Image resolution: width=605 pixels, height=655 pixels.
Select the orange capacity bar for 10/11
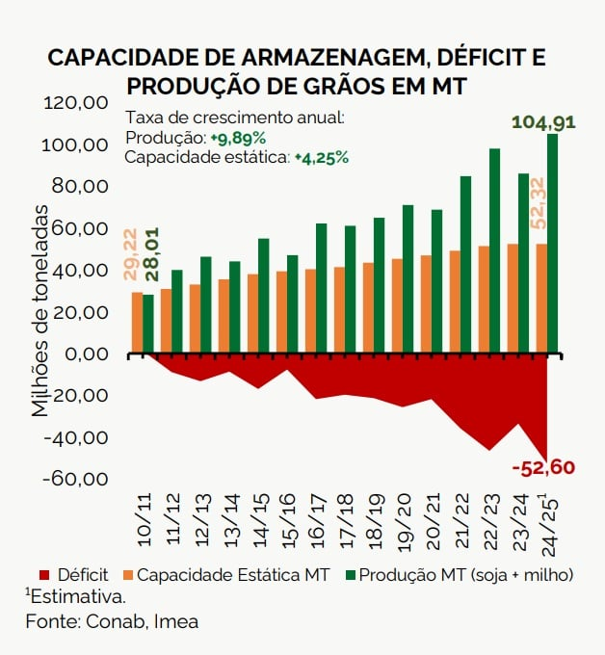[x=137, y=323]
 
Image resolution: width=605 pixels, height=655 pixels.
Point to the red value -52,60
[x=543, y=468]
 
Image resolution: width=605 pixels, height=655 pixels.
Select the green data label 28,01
[x=150, y=255]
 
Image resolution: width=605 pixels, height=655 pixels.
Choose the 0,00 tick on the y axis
[x=94, y=354]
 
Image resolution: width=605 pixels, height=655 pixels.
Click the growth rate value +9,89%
[x=238, y=138]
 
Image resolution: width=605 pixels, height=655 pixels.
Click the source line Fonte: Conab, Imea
[x=112, y=621]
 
